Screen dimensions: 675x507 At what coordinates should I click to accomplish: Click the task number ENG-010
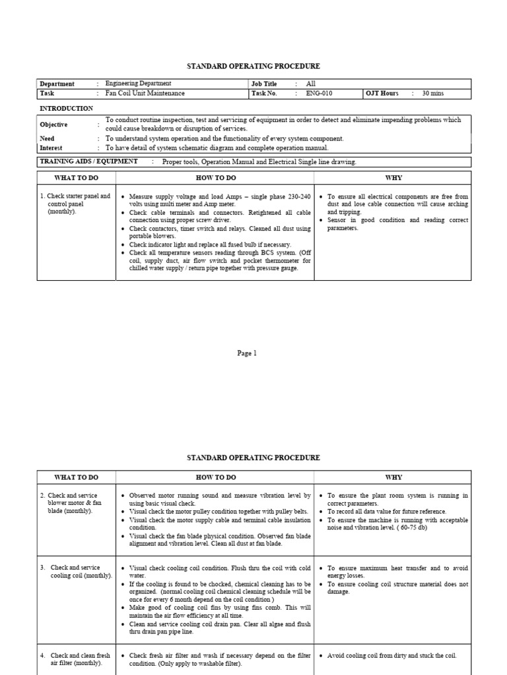tap(319, 94)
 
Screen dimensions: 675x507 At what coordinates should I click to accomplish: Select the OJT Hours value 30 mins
tap(433, 94)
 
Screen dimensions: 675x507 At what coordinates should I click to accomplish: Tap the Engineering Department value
tap(138, 84)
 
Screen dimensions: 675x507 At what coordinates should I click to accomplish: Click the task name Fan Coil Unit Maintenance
tap(145, 94)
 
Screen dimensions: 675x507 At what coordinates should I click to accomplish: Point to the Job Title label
tap(266, 84)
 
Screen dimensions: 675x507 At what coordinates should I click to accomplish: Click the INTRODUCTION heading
tap(66, 108)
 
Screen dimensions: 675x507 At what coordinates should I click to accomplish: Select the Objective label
tap(53, 125)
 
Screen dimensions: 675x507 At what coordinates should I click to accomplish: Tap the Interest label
tap(52, 148)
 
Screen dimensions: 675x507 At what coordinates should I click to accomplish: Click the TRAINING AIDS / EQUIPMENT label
tap(88, 161)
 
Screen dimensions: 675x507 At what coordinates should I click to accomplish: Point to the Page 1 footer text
tap(247, 353)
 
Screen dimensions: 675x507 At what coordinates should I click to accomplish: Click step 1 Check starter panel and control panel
tap(75, 204)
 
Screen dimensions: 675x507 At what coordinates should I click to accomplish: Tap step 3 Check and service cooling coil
tap(76, 572)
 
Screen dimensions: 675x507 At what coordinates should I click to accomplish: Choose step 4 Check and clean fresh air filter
tap(75, 659)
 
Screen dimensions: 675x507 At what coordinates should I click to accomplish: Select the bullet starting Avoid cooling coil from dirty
tap(391, 656)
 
